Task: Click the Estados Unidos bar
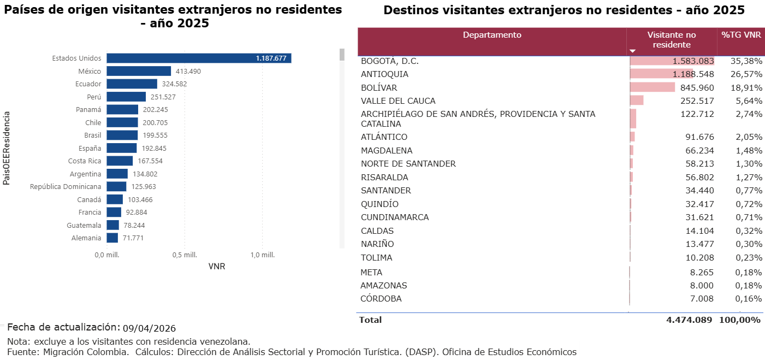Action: point(198,58)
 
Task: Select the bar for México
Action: point(139,71)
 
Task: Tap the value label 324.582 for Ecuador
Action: point(174,84)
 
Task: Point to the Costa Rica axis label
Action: point(85,161)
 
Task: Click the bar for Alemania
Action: point(112,238)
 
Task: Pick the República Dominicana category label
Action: point(66,187)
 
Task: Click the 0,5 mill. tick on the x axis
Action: point(185,255)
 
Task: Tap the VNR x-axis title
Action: point(217,267)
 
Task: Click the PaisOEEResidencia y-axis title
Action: point(7,148)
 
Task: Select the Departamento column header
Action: point(492,36)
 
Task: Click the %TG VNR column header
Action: point(741,35)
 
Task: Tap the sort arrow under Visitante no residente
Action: point(633,51)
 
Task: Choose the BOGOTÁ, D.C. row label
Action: point(390,61)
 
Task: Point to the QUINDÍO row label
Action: point(379,204)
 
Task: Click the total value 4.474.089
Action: point(689,320)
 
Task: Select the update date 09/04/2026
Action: point(149,328)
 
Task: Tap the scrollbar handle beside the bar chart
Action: point(342,55)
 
